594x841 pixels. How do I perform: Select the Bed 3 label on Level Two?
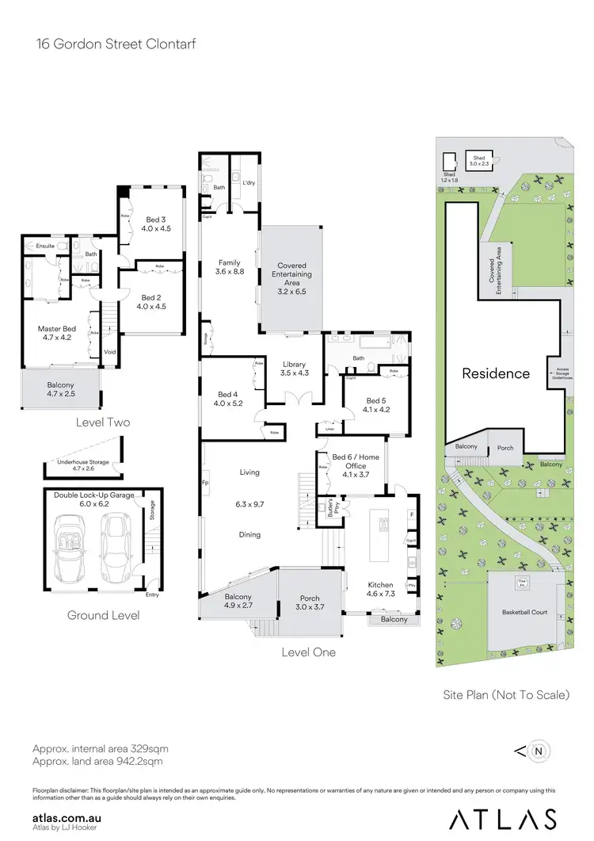157,224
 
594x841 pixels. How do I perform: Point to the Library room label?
293,367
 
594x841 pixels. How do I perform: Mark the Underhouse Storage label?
83,466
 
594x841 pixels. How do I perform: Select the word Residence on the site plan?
496,373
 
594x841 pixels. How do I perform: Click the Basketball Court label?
524,613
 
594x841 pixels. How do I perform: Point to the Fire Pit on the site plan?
522,583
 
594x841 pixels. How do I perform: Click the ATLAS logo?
502,819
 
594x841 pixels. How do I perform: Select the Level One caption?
308,652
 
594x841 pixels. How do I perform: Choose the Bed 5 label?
375,405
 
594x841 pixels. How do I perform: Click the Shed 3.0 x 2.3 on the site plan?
479,161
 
